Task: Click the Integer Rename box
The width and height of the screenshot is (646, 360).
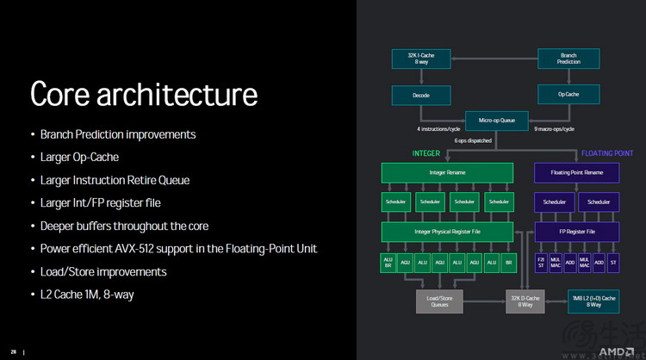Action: tap(448, 173)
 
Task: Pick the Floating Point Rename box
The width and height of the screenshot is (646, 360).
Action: tap(575, 173)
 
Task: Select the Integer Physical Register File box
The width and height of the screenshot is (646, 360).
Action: tap(448, 232)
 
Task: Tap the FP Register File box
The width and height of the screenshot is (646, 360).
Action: tap(575, 232)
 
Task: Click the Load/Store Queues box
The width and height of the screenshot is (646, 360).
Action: tap(440, 301)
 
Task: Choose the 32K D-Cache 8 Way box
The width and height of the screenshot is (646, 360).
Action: tap(525, 301)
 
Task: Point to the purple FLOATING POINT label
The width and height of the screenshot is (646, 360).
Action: tap(607, 153)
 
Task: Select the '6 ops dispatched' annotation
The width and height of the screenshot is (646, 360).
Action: tap(474, 140)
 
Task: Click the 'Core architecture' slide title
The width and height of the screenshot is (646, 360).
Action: tap(144, 94)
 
